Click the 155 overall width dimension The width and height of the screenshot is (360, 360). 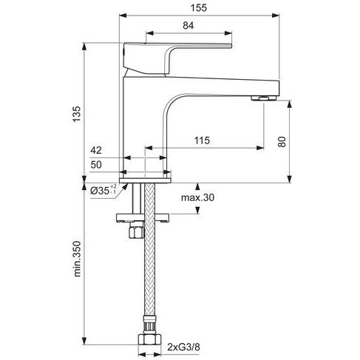pyautogui.click(x=199, y=8)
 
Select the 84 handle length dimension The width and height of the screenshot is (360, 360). pyautogui.click(x=189, y=25)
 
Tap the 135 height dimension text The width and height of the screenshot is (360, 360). pyautogui.click(x=77, y=114)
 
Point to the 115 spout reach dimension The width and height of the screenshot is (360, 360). pyautogui.click(x=202, y=140)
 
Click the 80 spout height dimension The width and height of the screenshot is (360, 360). pyautogui.click(x=282, y=142)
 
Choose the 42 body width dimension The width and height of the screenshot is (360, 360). pyautogui.click(x=96, y=150)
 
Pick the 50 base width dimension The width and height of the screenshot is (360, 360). pyautogui.click(x=96, y=165)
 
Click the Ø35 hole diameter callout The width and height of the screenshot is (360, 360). pyautogui.click(x=103, y=190)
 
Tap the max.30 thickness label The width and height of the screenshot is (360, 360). pyautogui.click(x=197, y=197)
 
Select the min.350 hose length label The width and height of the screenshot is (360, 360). pyautogui.click(x=77, y=259)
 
